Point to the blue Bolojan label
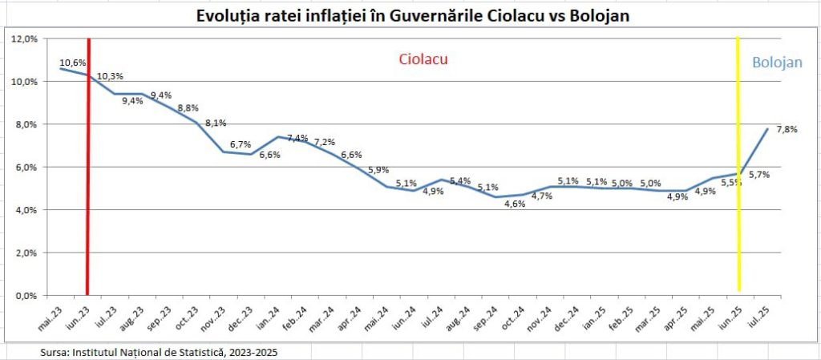point(776,63)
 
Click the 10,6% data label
point(71,61)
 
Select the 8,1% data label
point(216,123)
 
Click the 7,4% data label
point(297,138)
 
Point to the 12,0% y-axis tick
point(26,38)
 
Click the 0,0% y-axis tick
point(28,296)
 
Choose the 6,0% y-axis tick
point(28,167)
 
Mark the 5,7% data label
point(758,174)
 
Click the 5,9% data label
point(379,170)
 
